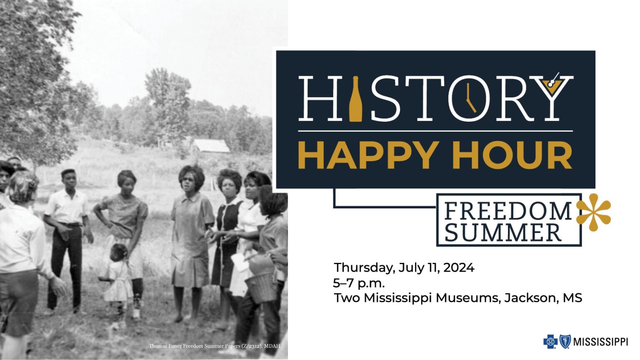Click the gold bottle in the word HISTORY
coord(355,100)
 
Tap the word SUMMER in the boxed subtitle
coord(503,232)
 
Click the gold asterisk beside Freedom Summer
coord(593,212)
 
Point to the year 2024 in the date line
coord(458,267)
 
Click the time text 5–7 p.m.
coord(359,283)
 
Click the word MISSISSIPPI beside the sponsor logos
coord(600,342)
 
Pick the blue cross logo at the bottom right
coord(550,342)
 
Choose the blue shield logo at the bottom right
coord(565,342)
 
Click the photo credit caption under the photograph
coord(215,346)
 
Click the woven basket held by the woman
coord(261,287)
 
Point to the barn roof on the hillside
coord(211,146)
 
